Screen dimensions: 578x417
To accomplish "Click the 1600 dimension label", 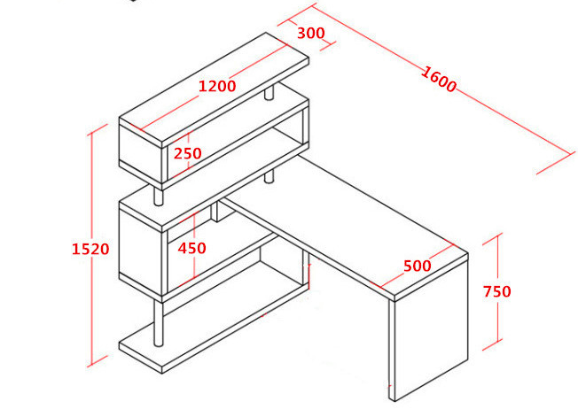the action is coord(438,79).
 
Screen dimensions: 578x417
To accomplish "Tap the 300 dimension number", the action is coord(311,34).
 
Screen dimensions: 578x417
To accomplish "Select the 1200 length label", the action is coord(217,86).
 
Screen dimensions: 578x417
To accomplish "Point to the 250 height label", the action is coord(188,153).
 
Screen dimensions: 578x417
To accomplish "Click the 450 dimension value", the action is coord(191,248).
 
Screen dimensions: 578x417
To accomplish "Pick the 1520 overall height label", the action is coord(90,249).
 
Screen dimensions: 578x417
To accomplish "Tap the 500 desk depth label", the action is coord(418,266).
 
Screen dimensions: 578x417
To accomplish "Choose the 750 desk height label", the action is coord(497,291).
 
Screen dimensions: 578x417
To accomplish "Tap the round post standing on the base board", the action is coord(158,322).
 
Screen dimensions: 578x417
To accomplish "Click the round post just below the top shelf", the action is coord(269,92).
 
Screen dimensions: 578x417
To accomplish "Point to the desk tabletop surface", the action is coord(346,225).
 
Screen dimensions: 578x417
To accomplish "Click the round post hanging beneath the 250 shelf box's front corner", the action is coord(158,194).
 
